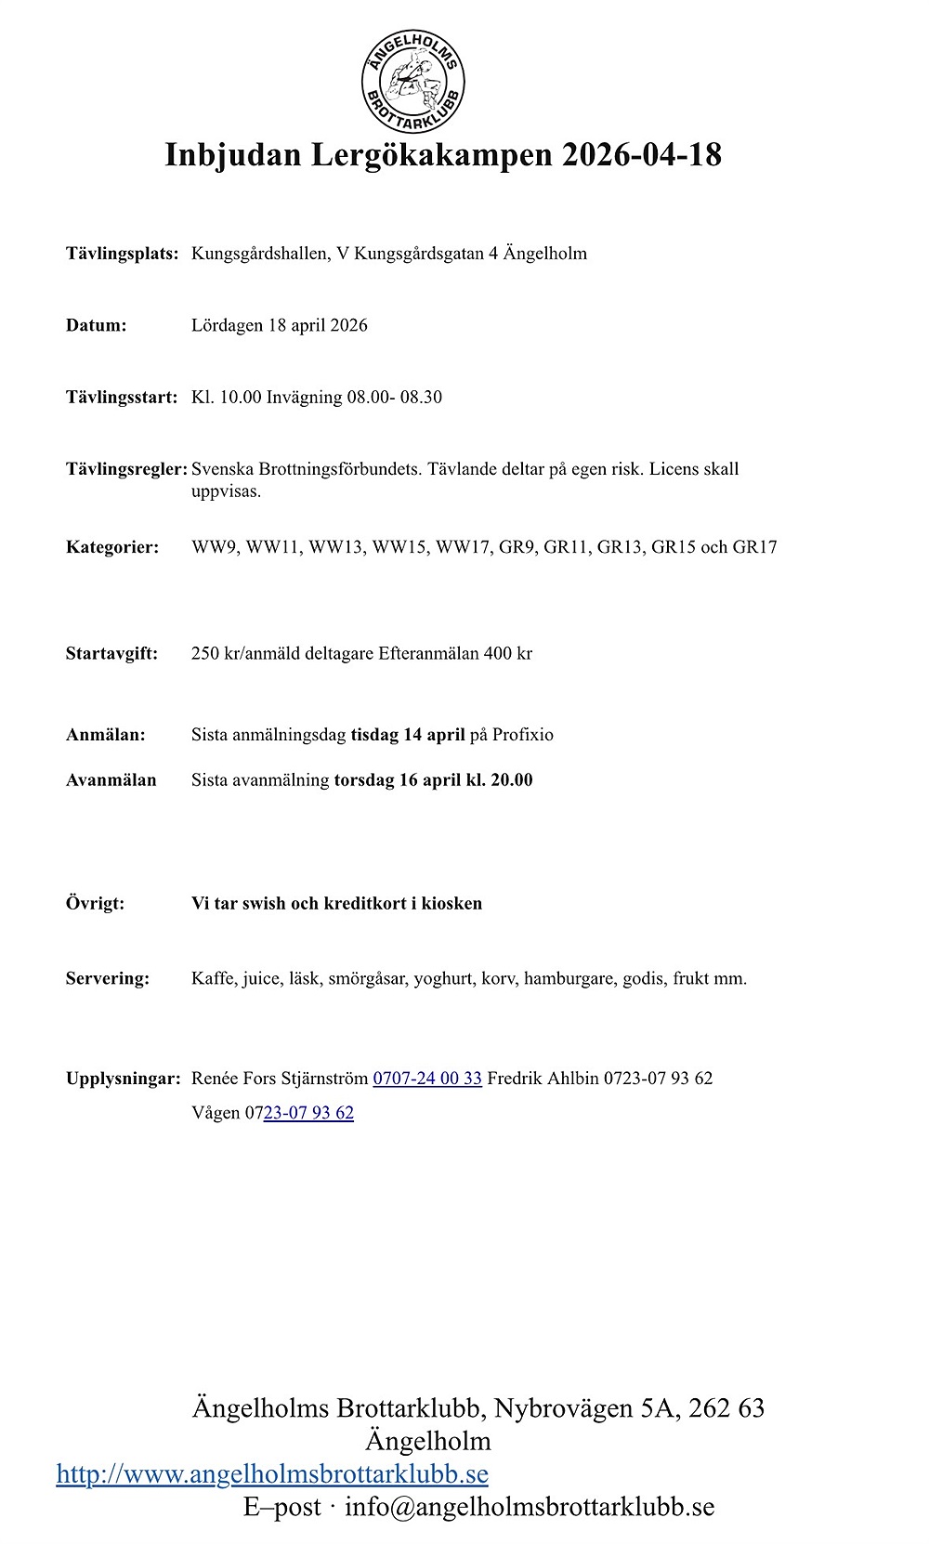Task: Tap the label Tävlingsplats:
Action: pos(122,254)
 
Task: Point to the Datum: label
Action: pos(96,325)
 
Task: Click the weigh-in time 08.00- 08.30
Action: pos(394,398)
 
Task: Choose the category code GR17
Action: pos(754,547)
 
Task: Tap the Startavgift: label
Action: pos(111,653)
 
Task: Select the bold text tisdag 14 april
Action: pos(407,735)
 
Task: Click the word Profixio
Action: pos(522,735)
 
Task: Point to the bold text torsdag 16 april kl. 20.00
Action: pos(433,780)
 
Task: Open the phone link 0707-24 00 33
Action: pos(427,1079)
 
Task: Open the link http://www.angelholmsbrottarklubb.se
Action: pos(272,1474)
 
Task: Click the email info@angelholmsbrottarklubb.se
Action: pos(530,1507)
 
